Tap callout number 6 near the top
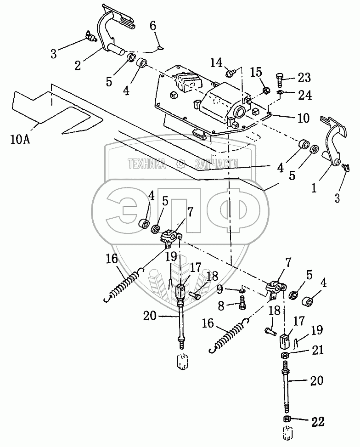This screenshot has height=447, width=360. [x=152, y=27]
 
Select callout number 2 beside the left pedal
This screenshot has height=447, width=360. [x=78, y=65]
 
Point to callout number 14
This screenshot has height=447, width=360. [x=216, y=62]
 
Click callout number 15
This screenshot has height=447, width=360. [x=256, y=72]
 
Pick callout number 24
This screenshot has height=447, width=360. [x=305, y=95]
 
